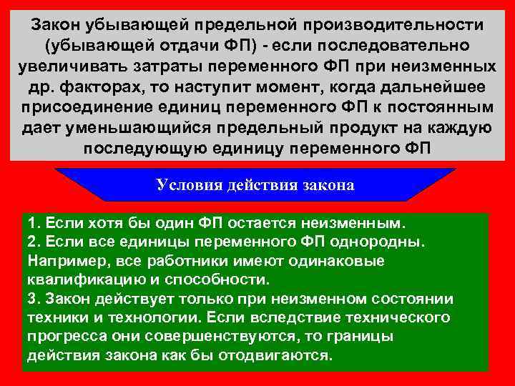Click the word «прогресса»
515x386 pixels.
[x=62, y=337]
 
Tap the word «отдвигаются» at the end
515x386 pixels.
[x=279, y=355]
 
